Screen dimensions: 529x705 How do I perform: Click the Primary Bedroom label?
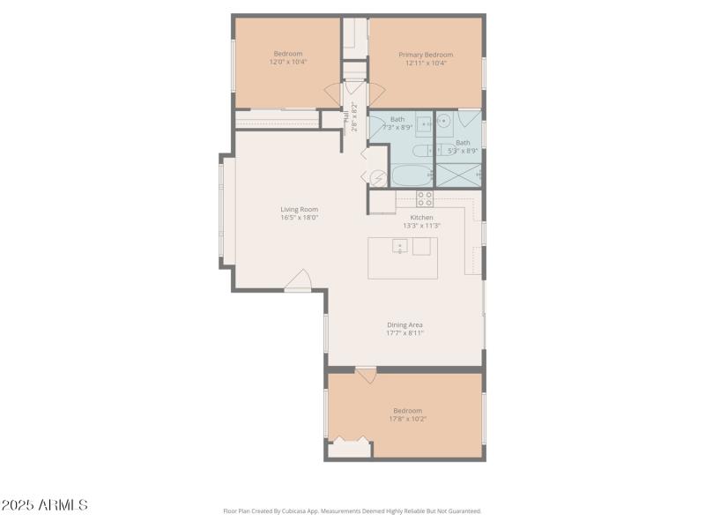[x=426, y=55]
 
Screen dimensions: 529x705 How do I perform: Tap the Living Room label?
[x=299, y=209]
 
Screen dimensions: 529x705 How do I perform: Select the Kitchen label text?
[x=421, y=217]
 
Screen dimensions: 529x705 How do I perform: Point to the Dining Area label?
[x=404, y=324]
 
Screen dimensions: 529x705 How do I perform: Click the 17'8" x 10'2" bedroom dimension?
[x=407, y=419]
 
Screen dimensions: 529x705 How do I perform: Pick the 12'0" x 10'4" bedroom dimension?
[x=287, y=63]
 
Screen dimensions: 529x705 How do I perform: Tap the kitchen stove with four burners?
[x=425, y=198]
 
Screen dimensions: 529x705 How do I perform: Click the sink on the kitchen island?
[x=399, y=246]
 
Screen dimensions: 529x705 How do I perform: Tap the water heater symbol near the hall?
[x=377, y=178]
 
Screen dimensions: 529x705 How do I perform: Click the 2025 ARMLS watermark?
[x=44, y=505]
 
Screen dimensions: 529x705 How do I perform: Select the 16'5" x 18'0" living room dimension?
[x=299, y=218]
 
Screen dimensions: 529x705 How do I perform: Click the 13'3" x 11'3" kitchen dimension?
[x=421, y=226]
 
